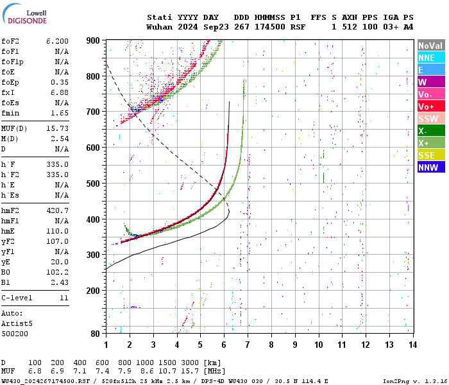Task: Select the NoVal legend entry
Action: point(430,46)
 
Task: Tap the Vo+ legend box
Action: point(430,107)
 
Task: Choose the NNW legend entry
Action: point(430,167)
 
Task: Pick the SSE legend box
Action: point(430,155)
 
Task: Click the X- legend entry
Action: point(430,131)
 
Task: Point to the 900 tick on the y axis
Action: point(94,40)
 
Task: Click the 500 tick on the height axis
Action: point(94,184)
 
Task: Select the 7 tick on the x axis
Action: point(248,345)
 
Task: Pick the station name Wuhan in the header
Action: point(160,27)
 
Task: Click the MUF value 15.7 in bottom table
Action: point(193,372)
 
